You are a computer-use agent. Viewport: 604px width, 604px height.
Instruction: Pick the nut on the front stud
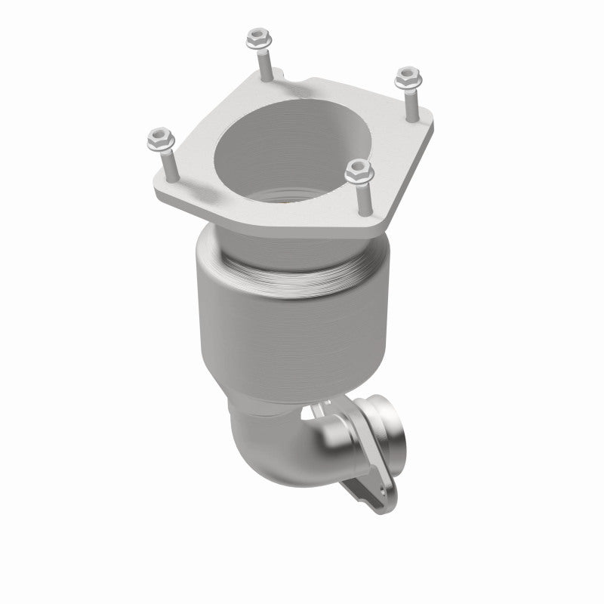359,171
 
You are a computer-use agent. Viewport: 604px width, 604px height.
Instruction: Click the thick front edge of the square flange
249,215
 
